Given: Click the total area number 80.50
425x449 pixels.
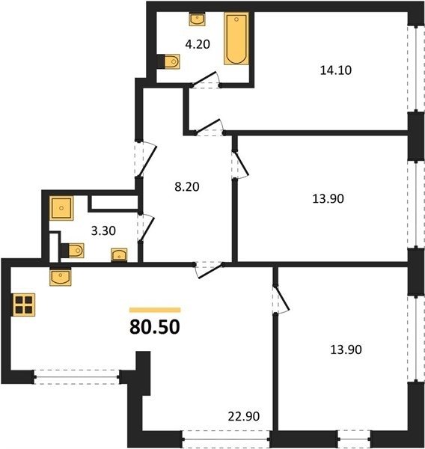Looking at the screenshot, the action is pyautogui.click(x=155, y=327).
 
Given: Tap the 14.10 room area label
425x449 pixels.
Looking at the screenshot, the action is pyautogui.click(x=336, y=70).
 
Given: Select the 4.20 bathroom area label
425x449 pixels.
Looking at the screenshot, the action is pyautogui.click(x=198, y=44).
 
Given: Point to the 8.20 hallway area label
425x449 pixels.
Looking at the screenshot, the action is pyautogui.click(x=187, y=186).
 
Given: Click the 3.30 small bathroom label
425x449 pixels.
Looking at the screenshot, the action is pyautogui.click(x=103, y=230).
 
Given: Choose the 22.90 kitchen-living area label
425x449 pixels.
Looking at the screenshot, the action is pyautogui.click(x=244, y=416).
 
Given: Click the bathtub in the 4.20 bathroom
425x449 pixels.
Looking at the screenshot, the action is pyautogui.click(x=236, y=38).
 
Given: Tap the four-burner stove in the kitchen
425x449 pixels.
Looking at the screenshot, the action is pyautogui.click(x=24, y=305).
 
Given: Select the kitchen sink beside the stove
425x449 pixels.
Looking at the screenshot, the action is pyautogui.click(x=60, y=277).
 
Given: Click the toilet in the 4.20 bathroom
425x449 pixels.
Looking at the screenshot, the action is pyautogui.click(x=169, y=61).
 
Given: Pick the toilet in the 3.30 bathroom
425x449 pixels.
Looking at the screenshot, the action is pyautogui.click(x=73, y=251).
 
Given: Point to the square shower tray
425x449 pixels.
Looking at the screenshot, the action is pyautogui.click(x=61, y=208).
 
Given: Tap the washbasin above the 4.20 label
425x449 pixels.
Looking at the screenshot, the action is pyautogui.click(x=197, y=19).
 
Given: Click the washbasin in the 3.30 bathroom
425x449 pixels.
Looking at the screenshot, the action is pyautogui.click(x=119, y=254).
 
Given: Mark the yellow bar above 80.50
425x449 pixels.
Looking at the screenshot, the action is pyautogui.click(x=155, y=310).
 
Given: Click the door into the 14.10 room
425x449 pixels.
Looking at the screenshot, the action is pyautogui.click(x=209, y=127).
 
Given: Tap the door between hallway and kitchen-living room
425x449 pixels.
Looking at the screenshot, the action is pyautogui.click(x=209, y=270).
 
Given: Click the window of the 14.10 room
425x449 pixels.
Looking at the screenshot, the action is pyautogui.click(x=416, y=69).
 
